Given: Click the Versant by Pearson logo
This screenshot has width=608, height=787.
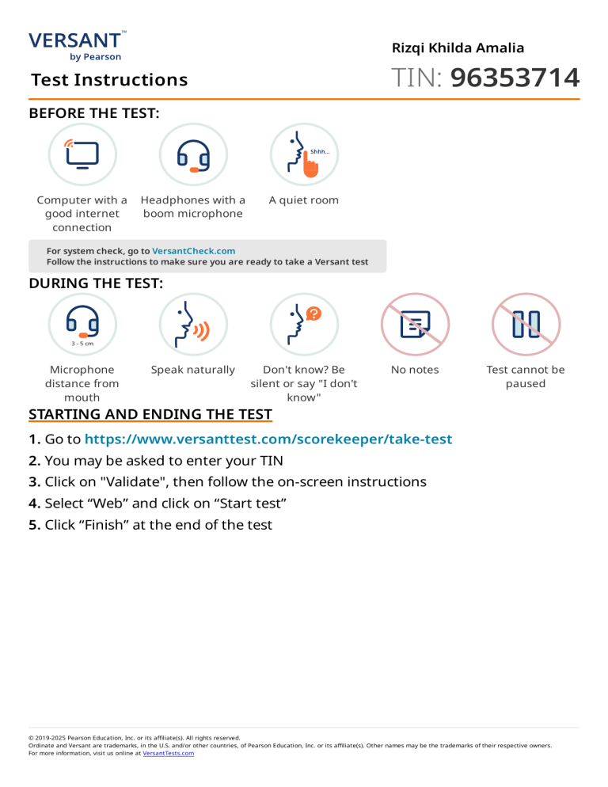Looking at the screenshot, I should [x=76, y=45].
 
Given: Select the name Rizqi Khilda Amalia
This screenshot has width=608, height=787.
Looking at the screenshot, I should [x=458, y=48].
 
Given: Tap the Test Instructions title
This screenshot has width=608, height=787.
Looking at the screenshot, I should [x=109, y=80].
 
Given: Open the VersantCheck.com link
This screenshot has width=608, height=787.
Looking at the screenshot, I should [x=193, y=251].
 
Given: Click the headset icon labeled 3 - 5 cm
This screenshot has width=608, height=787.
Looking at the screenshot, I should [x=82, y=325].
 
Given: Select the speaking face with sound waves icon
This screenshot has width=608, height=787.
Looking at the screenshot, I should [x=193, y=325].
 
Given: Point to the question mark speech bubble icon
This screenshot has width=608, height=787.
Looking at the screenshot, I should [x=304, y=325].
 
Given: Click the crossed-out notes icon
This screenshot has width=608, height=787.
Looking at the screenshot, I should [x=415, y=325].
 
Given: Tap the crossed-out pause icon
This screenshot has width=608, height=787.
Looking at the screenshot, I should [x=526, y=325].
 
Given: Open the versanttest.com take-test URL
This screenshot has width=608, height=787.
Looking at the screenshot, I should [x=268, y=439].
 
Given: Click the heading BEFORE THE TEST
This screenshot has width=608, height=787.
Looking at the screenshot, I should [x=94, y=114].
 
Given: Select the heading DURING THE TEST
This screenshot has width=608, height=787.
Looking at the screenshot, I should [x=96, y=283].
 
